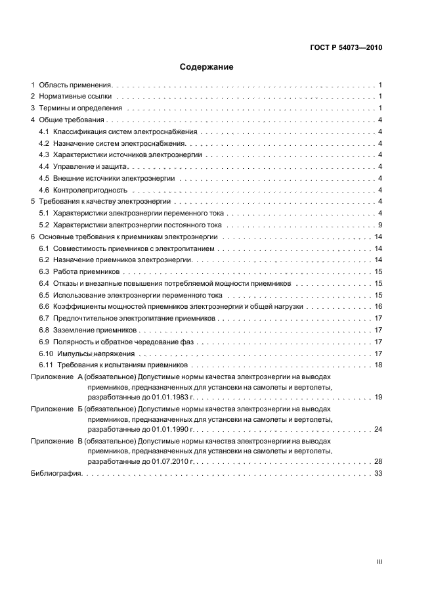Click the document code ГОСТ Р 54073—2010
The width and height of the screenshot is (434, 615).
click(x=346, y=48)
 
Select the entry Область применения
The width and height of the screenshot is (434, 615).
click(x=76, y=85)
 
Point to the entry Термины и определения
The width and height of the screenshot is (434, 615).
click(x=80, y=108)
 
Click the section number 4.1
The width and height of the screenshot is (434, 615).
click(x=44, y=132)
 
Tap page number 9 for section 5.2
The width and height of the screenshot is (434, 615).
click(x=380, y=225)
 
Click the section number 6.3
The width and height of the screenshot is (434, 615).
click(x=44, y=271)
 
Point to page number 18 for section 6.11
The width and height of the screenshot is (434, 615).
click(x=378, y=365)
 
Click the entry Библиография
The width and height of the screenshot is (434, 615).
click(x=55, y=474)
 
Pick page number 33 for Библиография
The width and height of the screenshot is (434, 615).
click(x=378, y=474)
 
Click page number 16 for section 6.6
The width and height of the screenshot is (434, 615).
click(x=378, y=307)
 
